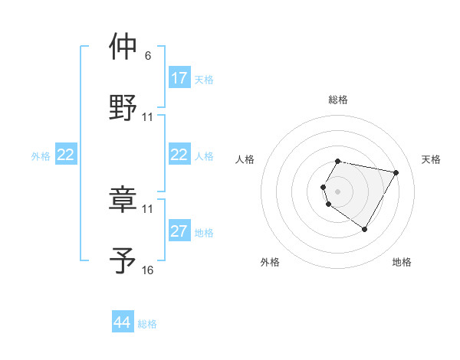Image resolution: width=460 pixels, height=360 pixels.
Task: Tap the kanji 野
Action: [x=123, y=107]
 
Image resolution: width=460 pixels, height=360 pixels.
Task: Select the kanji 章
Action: [x=123, y=198]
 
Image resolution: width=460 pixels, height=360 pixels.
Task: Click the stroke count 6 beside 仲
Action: [x=147, y=56]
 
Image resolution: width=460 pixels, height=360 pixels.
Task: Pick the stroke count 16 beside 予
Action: [x=148, y=270]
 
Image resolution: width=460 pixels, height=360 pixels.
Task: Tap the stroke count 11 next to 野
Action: [x=148, y=117]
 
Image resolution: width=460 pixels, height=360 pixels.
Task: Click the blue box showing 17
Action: [x=179, y=78]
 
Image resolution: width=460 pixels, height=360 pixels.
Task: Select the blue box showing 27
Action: [x=179, y=231]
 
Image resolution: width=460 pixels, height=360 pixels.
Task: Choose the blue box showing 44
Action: [x=123, y=322]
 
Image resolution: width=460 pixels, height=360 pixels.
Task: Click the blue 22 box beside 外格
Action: [x=66, y=155]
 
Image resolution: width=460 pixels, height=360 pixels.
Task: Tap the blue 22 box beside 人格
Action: [x=179, y=155]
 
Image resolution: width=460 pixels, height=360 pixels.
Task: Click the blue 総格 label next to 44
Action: [x=147, y=324]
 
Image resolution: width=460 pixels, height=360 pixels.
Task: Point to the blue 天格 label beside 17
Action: [x=204, y=79]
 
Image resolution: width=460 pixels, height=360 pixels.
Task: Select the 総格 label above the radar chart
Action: [x=338, y=100]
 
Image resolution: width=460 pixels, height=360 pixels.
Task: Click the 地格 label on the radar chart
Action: [x=402, y=262]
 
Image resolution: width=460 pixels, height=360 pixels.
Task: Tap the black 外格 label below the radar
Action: [x=270, y=262]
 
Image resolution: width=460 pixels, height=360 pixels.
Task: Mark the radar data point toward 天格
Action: [x=396, y=172]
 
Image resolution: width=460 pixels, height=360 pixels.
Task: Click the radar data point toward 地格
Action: [x=364, y=230]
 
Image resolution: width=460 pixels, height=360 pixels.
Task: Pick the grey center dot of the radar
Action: [x=338, y=191]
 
